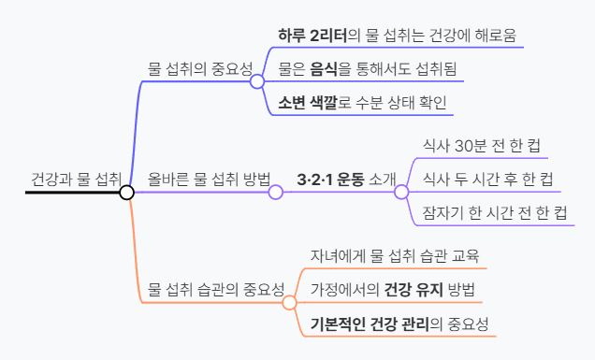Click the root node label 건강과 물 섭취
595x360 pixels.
(76, 178)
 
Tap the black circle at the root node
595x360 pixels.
(127, 193)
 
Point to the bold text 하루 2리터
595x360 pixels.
(312, 36)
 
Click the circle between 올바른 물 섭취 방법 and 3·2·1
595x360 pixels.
(276, 193)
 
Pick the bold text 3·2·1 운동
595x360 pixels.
(330, 179)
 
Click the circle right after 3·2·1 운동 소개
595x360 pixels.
(401, 193)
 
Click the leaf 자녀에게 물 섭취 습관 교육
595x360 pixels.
(394, 255)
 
